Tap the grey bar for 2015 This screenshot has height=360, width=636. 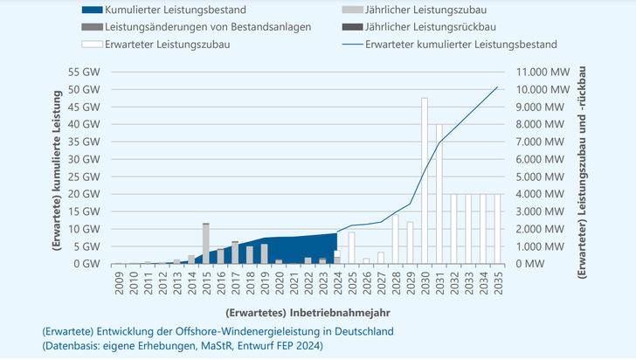tap(205, 243)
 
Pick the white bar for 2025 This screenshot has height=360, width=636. tap(351, 247)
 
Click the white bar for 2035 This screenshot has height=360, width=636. tap(498, 228)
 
